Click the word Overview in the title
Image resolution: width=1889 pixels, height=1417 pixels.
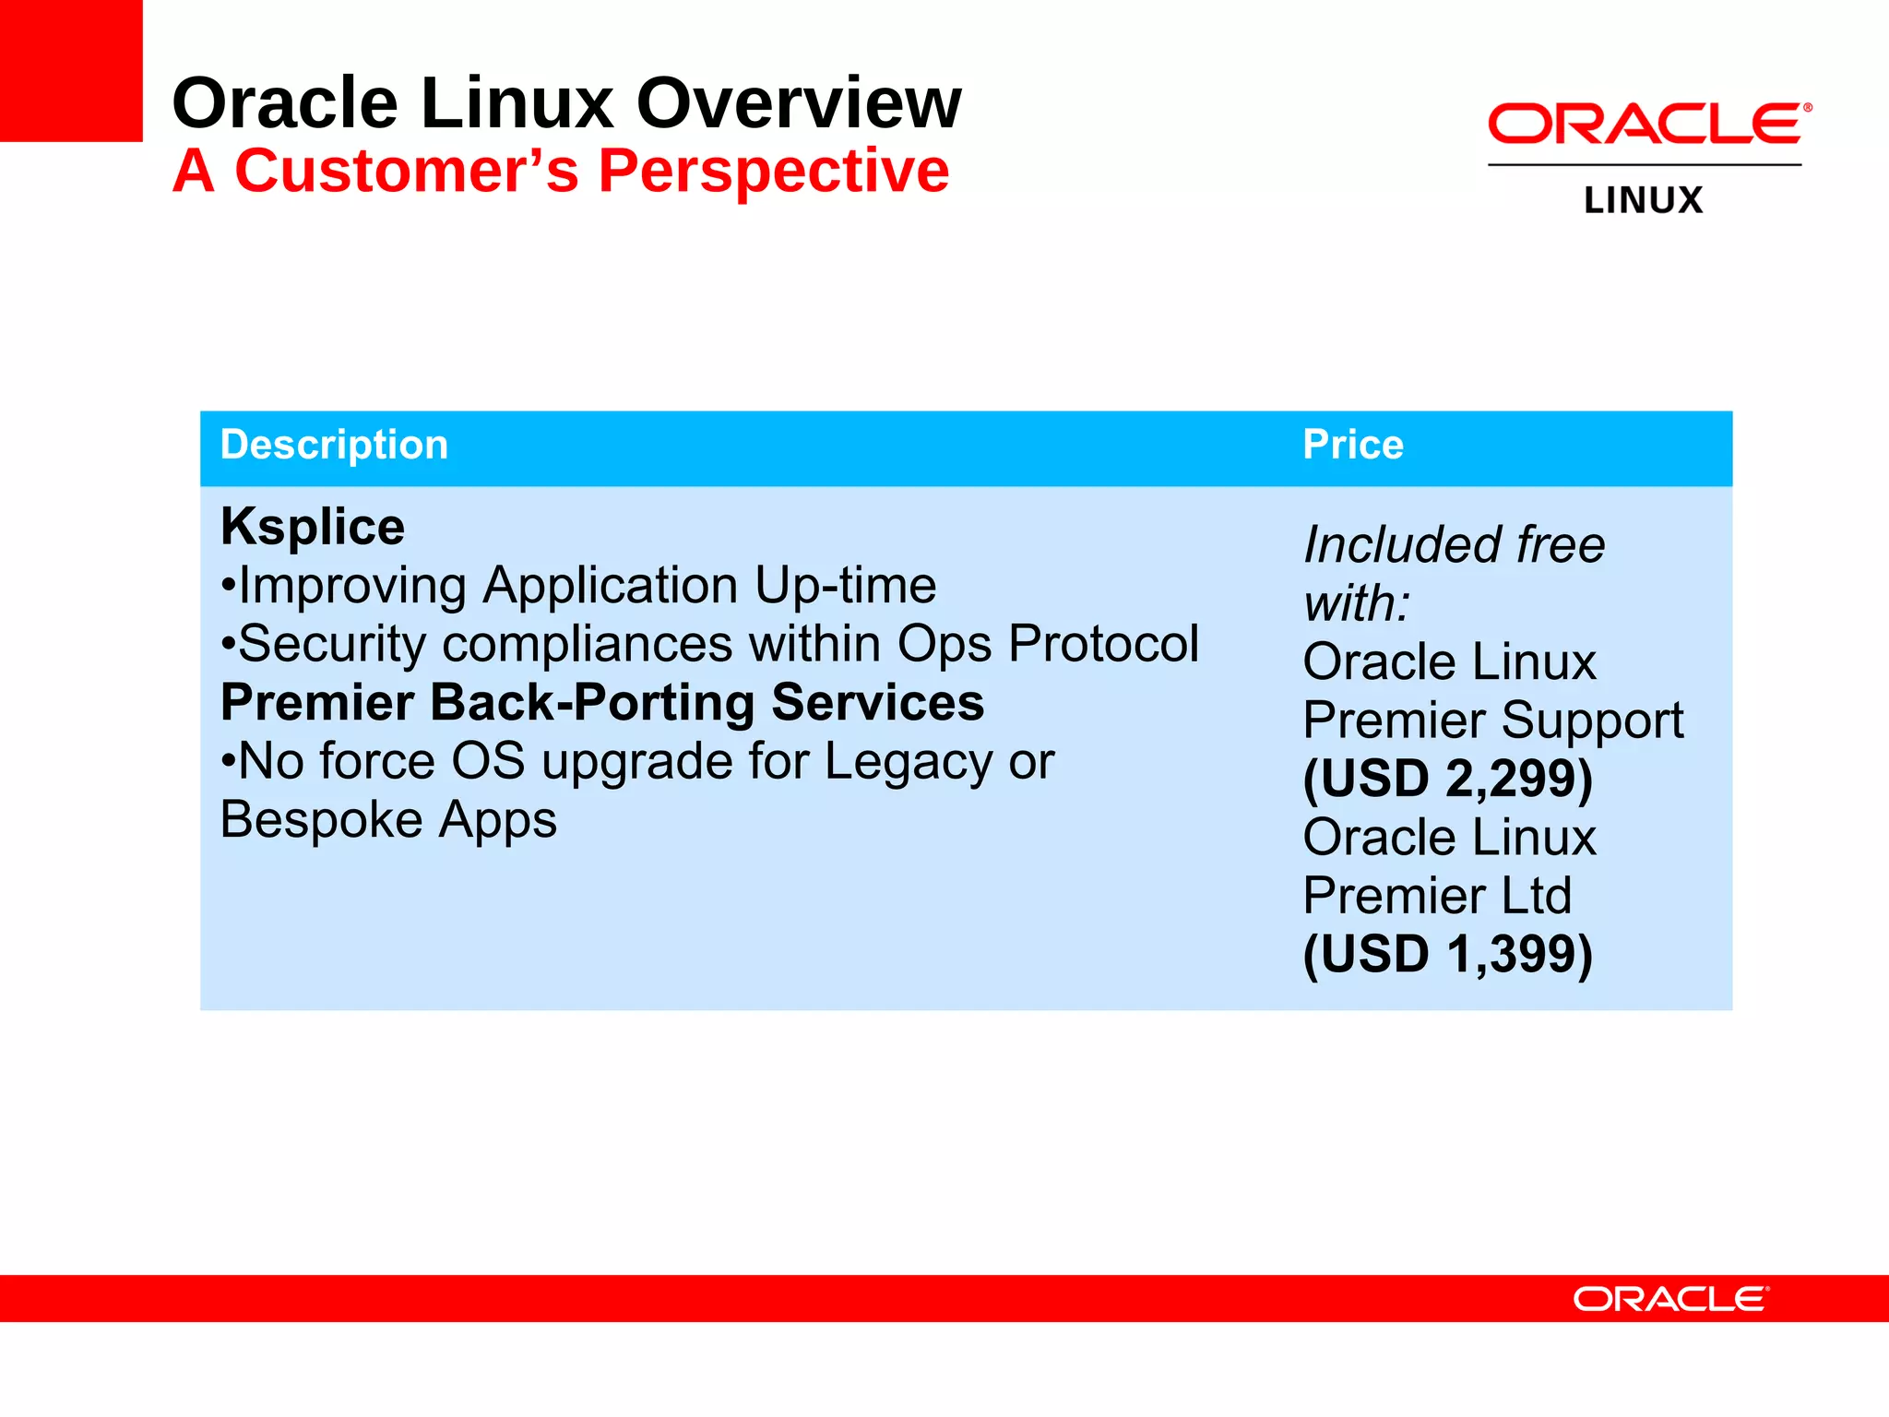tap(799, 103)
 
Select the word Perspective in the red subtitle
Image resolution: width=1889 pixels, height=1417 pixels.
tap(773, 172)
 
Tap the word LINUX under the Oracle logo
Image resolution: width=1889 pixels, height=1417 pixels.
tap(1643, 200)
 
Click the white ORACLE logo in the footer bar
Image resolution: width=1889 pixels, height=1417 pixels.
tap(1670, 1299)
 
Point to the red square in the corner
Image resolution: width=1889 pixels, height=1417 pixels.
tap(70, 70)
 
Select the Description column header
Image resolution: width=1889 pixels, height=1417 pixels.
tap(334, 445)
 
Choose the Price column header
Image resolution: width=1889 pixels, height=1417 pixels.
tap(1352, 445)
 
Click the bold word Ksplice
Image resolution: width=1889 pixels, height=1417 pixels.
tap(313, 527)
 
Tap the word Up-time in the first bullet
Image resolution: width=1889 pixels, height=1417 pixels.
tap(844, 586)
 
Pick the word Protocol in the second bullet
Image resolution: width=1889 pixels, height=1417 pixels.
tap(1103, 644)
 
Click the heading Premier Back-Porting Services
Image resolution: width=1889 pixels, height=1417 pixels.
tap(602, 703)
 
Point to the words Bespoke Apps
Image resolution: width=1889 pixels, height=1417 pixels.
tap(388, 820)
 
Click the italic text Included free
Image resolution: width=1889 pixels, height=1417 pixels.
tap(1454, 544)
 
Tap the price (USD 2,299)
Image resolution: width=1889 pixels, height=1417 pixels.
tap(1447, 779)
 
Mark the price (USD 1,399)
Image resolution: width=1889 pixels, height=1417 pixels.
tap(1447, 954)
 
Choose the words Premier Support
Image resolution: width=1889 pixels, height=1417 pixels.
tap(1492, 720)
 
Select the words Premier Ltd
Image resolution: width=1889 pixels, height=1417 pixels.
tap(1437, 896)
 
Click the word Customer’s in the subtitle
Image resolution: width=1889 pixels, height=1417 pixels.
tap(406, 172)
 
